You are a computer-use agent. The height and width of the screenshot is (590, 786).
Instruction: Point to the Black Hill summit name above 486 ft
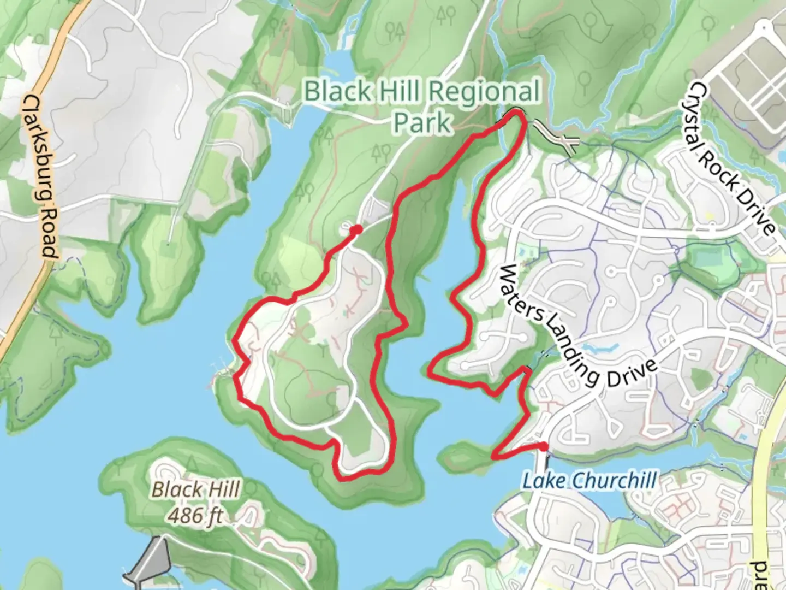[195, 489]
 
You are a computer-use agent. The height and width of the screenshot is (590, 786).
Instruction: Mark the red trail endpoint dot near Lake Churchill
[543, 447]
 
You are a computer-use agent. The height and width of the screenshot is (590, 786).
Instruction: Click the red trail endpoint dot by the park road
[356, 229]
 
